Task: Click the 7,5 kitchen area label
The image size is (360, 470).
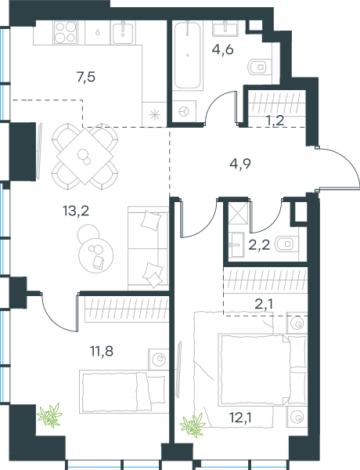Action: click(x=86, y=78)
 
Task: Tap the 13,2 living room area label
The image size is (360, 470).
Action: click(x=76, y=211)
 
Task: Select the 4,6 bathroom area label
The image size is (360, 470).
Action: click(x=222, y=49)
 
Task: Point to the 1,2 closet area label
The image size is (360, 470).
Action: click(x=275, y=121)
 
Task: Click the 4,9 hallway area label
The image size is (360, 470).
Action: click(x=240, y=164)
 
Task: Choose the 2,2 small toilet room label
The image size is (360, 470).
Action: click(x=259, y=245)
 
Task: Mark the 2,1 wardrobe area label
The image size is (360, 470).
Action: click(x=264, y=304)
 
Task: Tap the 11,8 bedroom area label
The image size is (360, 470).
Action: click(x=102, y=351)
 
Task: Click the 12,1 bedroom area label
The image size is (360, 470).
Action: click(x=240, y=418)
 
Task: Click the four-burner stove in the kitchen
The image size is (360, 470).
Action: click(x=65, y=32)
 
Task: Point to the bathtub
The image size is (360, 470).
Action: click(x=187, y=55)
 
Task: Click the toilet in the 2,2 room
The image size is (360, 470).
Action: click(x=286, y=244)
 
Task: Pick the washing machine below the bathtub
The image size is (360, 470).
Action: click(x=184, y=112)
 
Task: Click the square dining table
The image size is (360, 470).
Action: click(x=85, y=156)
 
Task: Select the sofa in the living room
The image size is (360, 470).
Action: click(x=148, y=248)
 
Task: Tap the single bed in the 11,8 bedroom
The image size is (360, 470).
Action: click(x=122, y=392)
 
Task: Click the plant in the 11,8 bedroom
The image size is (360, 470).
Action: click(x=50, y=415)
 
